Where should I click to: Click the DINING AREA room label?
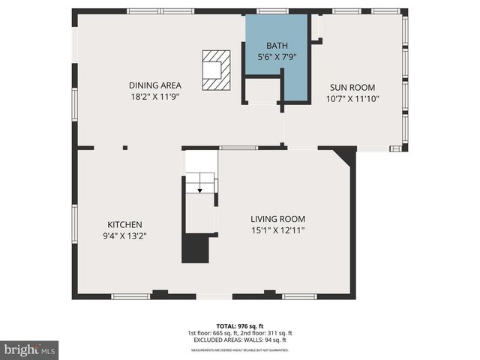click(x=154, y=85)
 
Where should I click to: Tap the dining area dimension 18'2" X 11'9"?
click(x=154, y=96)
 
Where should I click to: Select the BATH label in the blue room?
click(x=266, y=46)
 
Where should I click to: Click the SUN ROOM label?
click(x=350, y=87)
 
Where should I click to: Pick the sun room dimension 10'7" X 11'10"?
click(x=352, y=98)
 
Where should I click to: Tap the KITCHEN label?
click(x=124, y=224)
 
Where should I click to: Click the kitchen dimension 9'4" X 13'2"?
click(x=124, y=235)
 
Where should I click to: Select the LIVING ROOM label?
click(x=277, y=218)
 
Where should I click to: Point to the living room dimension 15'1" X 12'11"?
click(x=277, y=229)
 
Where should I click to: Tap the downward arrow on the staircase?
click(x=199, y=190)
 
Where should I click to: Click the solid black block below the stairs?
click(x=196, y=249)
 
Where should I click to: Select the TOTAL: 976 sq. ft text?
click(x=240, y=325)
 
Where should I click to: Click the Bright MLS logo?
click(x=29, y=349)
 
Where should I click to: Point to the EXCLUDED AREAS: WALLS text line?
click(x=240, y=340)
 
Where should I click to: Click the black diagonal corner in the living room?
click(x=346, y=155)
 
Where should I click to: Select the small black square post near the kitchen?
click(x=125, y=148)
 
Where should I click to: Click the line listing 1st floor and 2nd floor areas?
click(x=240, y=332)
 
